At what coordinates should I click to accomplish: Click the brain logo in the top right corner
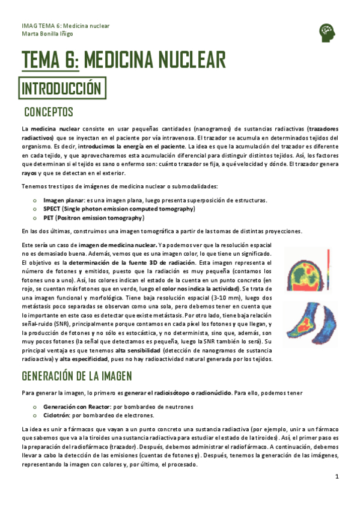(x=328, y=31)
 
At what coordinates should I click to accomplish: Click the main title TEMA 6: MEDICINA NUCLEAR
(x=124, y=60)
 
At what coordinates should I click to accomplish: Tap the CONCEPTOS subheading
(x=49, y=112)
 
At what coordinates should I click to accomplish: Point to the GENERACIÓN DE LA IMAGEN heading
(x=77, y=376)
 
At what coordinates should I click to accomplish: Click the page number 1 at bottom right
(x=337, y=476)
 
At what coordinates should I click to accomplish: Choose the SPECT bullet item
(x=119, y=209)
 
